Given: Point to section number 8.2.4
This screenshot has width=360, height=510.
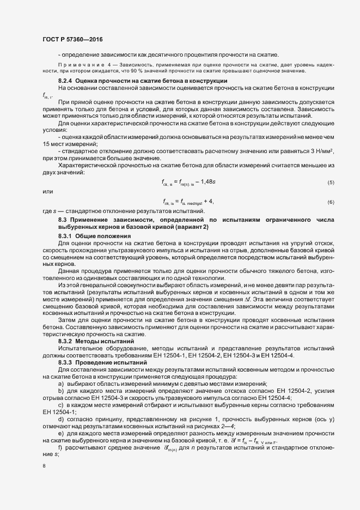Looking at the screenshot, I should pos(67,81).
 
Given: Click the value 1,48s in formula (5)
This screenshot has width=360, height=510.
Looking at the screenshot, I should pos(209,181).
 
